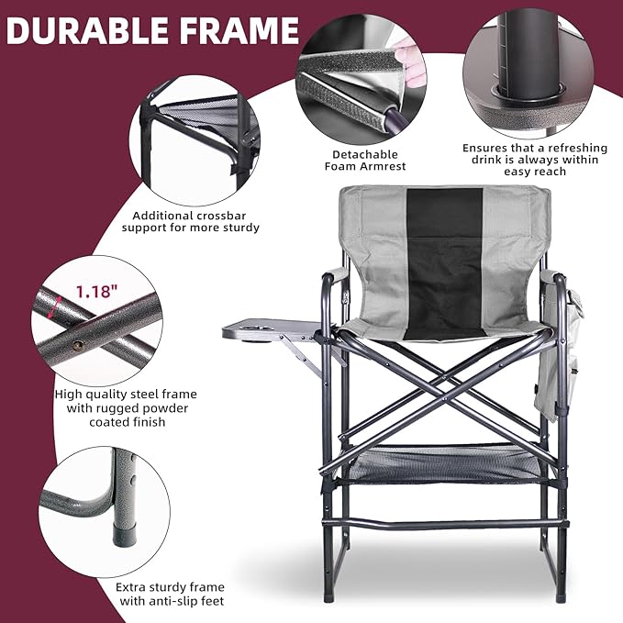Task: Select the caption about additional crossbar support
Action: tap(190, 220)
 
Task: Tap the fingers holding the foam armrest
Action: tap(413, 64)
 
